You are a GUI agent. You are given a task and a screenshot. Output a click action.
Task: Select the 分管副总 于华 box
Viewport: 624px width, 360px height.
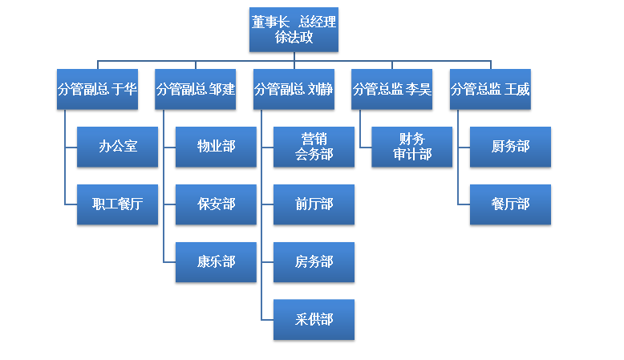97,89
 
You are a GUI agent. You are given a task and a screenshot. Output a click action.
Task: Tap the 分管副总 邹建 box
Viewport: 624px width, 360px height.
196,89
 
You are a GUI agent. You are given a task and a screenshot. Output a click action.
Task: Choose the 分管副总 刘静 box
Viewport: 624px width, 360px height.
294,89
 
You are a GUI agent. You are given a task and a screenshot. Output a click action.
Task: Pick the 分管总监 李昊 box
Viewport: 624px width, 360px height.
392,89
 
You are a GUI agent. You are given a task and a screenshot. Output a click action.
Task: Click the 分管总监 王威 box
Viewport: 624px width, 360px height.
491,89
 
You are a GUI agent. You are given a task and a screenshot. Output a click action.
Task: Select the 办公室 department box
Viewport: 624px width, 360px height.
117,147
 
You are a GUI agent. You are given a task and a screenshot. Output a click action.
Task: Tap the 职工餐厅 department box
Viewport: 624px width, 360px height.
117,204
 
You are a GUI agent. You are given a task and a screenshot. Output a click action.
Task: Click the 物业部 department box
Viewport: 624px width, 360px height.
216,147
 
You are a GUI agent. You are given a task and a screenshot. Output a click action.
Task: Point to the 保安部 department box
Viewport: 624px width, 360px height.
216,204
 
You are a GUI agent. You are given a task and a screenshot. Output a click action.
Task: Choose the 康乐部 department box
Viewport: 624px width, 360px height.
216,262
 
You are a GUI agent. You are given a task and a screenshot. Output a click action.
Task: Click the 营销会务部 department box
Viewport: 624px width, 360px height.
314,147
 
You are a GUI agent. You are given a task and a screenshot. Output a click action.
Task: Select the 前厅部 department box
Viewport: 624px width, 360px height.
314,204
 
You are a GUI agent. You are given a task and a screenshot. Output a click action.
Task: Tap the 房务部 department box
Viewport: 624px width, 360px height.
314,262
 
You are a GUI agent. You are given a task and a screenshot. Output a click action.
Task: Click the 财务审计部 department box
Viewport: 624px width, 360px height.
412,147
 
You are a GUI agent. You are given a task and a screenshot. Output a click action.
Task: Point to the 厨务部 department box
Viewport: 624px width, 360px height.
511,147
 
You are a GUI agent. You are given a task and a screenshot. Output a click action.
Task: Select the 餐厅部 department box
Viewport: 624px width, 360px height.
511,204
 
